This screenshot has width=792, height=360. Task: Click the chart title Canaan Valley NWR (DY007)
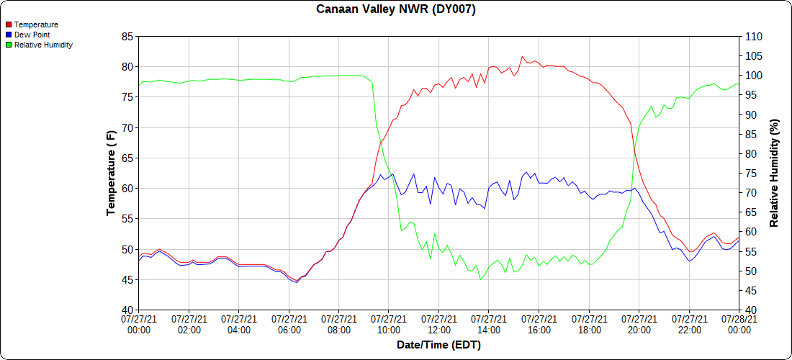[x=395, y=9]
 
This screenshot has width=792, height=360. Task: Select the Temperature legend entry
[x=36, y=24]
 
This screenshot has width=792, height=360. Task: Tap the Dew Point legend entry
[x=32, y=35]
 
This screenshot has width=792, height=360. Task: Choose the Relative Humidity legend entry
[x=43, y=45]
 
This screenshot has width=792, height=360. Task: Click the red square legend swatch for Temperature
[x=9, y=24]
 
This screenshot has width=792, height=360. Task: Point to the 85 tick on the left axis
[x=127, y=37]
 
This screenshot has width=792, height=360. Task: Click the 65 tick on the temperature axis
[x=127, y=158]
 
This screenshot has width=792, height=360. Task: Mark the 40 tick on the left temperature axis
[x=127, y=310]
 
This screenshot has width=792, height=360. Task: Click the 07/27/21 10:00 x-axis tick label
[x=389, y=324]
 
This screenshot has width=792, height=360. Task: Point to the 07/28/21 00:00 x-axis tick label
[x=739, y=324]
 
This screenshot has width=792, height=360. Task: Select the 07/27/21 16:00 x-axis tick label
[x=539, y=324]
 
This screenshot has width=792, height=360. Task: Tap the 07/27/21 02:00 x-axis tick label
[x=189, y=324]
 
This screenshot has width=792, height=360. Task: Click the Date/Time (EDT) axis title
[x=438, y=345]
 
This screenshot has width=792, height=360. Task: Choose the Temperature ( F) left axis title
[x=111, y=173]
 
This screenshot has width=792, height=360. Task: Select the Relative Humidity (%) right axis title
[x=775, y=173]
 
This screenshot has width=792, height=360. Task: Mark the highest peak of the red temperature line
[x=523, y=57]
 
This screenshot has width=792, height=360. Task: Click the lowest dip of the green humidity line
[x=480, y=279]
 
